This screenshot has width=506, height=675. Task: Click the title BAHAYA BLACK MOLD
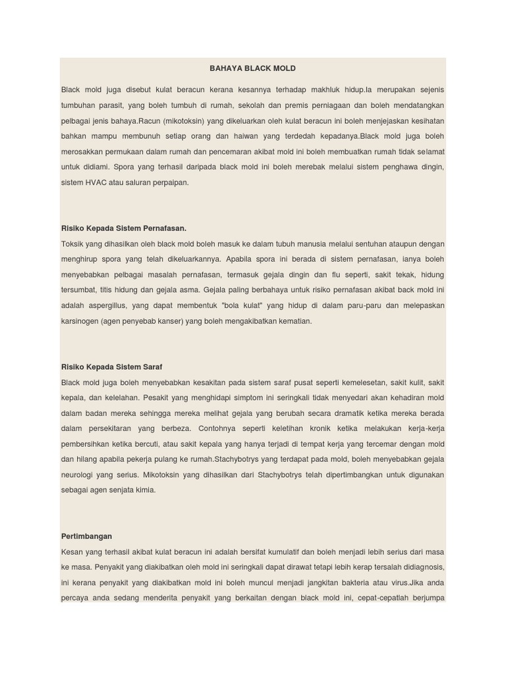coord(252,68)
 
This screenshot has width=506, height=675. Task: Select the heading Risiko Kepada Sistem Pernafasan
coord(124,228)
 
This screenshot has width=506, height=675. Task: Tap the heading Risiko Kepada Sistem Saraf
coord(111,367)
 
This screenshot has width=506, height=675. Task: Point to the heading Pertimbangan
coord(86,536)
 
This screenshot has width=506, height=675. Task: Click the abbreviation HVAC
coord(97,182)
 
